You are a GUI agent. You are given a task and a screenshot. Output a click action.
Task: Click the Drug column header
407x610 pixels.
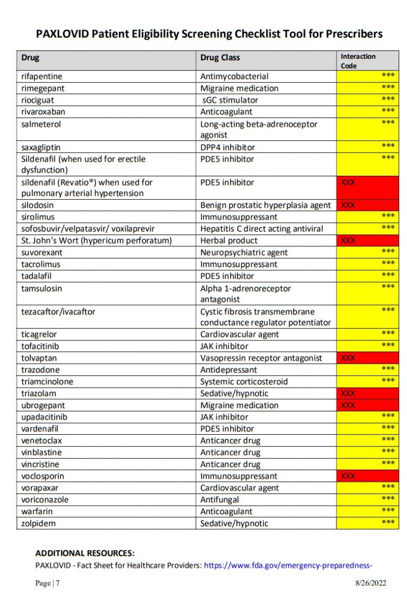tap(30, 58)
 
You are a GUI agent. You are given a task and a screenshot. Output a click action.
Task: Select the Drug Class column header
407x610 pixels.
tap(220, 58)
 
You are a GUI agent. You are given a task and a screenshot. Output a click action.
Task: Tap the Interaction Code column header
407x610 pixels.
tap(358, 61)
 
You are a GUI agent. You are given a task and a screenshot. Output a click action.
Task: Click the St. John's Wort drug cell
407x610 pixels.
tap(96, 241)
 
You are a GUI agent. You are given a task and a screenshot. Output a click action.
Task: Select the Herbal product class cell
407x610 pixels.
tap(228, 241)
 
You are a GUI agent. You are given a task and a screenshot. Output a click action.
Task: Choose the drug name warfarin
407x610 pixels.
tap(37, 512)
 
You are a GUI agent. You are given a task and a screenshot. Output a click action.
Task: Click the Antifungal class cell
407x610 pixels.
tap(219, 500)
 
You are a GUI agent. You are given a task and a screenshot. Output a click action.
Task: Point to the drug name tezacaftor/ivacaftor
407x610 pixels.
tap(58, 312)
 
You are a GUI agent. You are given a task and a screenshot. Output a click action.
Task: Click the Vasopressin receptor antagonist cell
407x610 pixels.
tap(261, 358)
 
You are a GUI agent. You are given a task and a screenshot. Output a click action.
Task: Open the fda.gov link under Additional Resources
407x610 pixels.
tap(288, 566)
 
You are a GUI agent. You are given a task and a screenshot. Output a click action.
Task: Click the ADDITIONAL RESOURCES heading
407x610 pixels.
tap(85, 553)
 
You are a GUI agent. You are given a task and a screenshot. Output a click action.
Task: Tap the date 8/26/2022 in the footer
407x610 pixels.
tap(370, 584)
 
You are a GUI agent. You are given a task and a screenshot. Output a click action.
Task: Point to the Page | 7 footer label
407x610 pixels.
tap(47, 584)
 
